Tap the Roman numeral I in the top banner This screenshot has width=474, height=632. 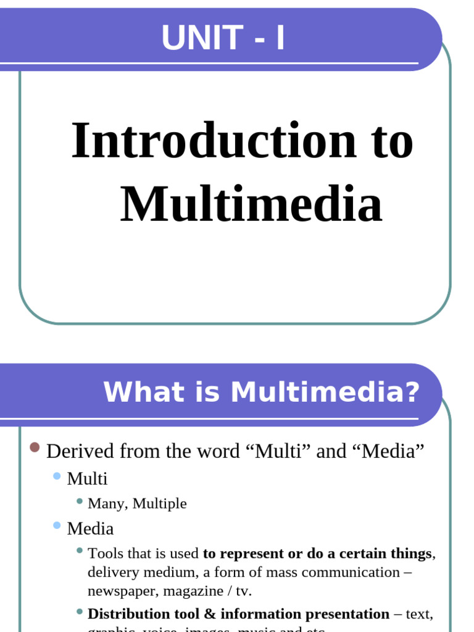pos(280,38)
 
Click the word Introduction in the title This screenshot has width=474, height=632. pos(214,141)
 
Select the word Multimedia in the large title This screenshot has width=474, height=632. pos(251,204)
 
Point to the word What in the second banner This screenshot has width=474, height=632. pos(133,392)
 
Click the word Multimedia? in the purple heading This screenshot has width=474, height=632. pos(325,392)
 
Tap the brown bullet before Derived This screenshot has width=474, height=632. pos(35,447)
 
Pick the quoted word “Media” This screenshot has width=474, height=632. pos(389,451)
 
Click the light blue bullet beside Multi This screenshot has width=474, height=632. pos(57,476)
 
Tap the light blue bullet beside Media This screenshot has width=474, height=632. pos(57,526)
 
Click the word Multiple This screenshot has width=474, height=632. pos(159,504)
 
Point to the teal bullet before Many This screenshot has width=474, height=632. pos(80,501)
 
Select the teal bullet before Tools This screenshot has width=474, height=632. pos(80,550)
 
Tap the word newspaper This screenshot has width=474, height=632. pos(122,591)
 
